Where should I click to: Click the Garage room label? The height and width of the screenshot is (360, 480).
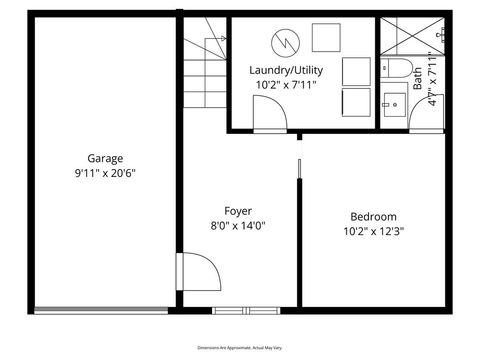tap(105, 158)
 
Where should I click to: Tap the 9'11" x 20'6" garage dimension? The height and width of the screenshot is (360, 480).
tap(105, 172)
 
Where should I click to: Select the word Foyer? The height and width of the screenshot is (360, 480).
tap(238, 211)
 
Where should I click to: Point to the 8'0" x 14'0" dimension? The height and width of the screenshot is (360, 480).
tap(238, 225)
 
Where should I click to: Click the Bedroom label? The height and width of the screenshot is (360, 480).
tap(373, 217)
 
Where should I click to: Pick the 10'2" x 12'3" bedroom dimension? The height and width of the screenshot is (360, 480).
tap(373, 231)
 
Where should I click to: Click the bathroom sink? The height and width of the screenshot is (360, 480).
tap(393, 104)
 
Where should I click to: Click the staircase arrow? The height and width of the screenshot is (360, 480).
tap(212, 45)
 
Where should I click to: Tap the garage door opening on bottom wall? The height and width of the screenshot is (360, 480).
tap(104, 309)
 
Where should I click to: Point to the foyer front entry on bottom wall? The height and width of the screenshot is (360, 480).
tap(240, 309)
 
